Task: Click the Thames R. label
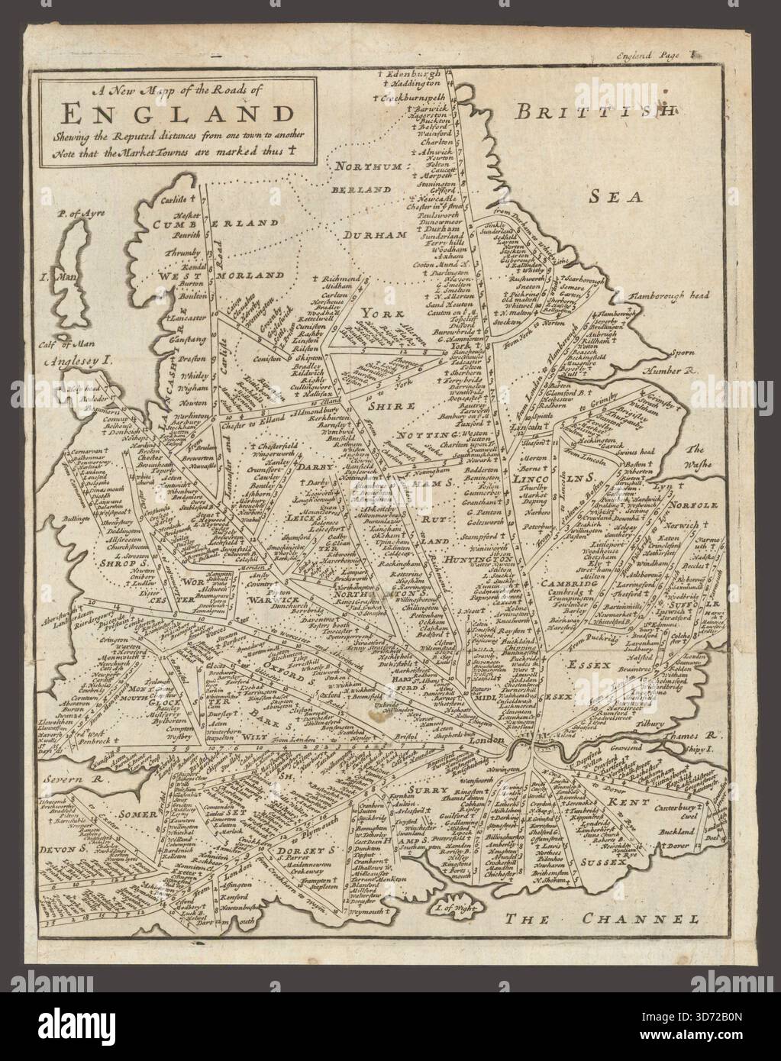pos(696,737)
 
